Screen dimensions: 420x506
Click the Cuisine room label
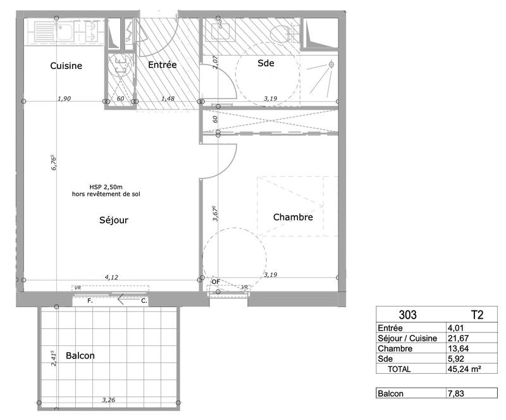coord(66,66)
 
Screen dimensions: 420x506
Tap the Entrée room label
coord(162,65)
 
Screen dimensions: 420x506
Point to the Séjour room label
coord(114,220)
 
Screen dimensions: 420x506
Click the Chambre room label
coord(293,217)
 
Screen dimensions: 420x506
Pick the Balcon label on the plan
coord(80,355)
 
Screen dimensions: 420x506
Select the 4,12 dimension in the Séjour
coord(111,277)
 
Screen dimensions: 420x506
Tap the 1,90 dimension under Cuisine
coord(63,98)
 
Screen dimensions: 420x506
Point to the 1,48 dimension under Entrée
coord(168,98)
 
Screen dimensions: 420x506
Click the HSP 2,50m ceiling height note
coord(106,188)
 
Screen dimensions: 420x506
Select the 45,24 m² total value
coord(464,369)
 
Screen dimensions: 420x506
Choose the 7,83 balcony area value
coord(456,394)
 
